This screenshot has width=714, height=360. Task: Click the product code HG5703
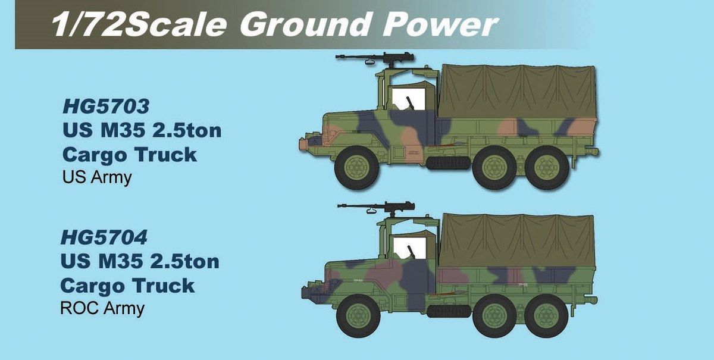coord(106,106)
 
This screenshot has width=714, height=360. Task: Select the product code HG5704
coord(104,237)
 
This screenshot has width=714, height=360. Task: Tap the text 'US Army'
coord(97,177)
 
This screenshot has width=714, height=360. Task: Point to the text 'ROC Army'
coord(102,308)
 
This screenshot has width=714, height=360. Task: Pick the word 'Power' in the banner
coord(440,24)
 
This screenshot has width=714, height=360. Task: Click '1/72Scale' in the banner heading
coord(140,24)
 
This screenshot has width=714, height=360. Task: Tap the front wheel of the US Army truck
coord(356,168)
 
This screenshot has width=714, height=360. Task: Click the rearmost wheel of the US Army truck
coord(547,168)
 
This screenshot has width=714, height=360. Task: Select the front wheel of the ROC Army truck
coord(359,317)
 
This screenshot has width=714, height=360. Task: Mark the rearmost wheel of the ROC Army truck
coord(546,317)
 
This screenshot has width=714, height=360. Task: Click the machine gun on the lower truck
coord(377,208)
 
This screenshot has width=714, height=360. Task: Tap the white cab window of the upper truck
coord(408,99)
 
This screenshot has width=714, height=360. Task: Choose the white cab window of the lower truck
coord(410,248)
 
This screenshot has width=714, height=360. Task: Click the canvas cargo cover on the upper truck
coord(517,92)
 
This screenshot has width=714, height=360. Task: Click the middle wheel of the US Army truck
coord(494,168)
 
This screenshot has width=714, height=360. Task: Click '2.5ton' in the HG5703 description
coord(187,130)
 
